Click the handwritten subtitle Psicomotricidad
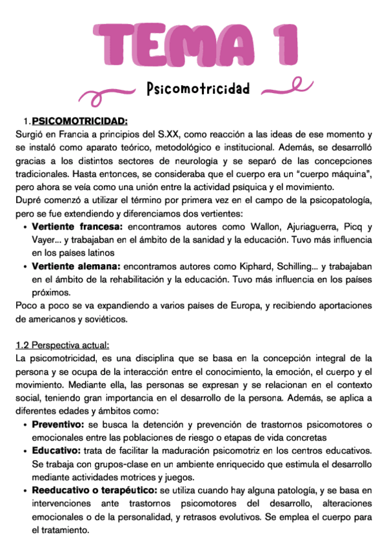197,89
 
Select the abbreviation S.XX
171,134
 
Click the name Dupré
28,200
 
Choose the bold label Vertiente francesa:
77,227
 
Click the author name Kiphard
256,266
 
